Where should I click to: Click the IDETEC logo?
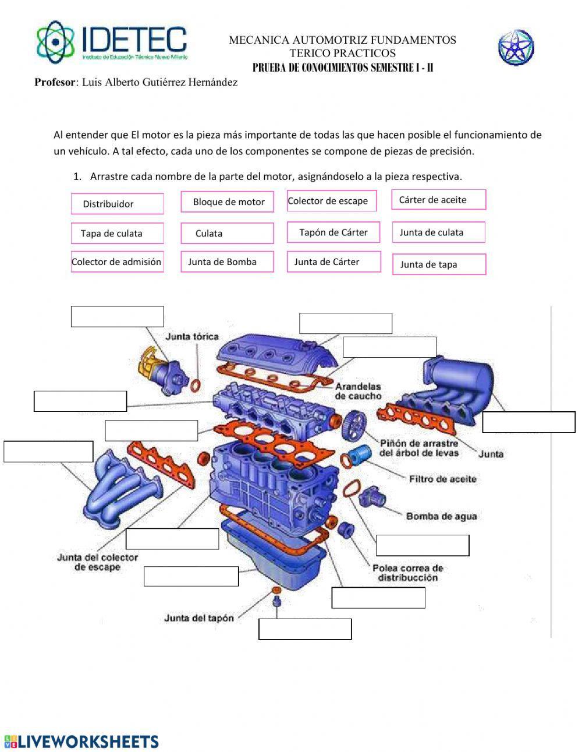(x=112, y=43)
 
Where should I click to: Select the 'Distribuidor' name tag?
(x=117, y=204)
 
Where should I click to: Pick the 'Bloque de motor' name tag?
(x=227, y=202)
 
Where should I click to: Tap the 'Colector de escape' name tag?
(x=332, y=201)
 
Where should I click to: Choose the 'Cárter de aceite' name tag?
(x=438, y=200)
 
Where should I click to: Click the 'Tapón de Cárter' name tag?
(x=333, y=232)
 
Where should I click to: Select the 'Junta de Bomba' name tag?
(x=227, y=262)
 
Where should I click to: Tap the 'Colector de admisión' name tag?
(x=117, y=262)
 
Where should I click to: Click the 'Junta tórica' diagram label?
(x=192, y=337)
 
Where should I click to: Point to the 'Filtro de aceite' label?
(x=442, y=479)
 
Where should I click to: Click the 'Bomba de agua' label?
(x=441, y=516)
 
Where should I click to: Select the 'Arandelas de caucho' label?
(x=358, y=391)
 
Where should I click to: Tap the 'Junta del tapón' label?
(x=199, y=618)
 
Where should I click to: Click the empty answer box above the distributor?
(x=117, y=316)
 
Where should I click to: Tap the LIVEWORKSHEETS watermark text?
(x=81, y=742)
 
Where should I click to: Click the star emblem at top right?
(x=516, y=48)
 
